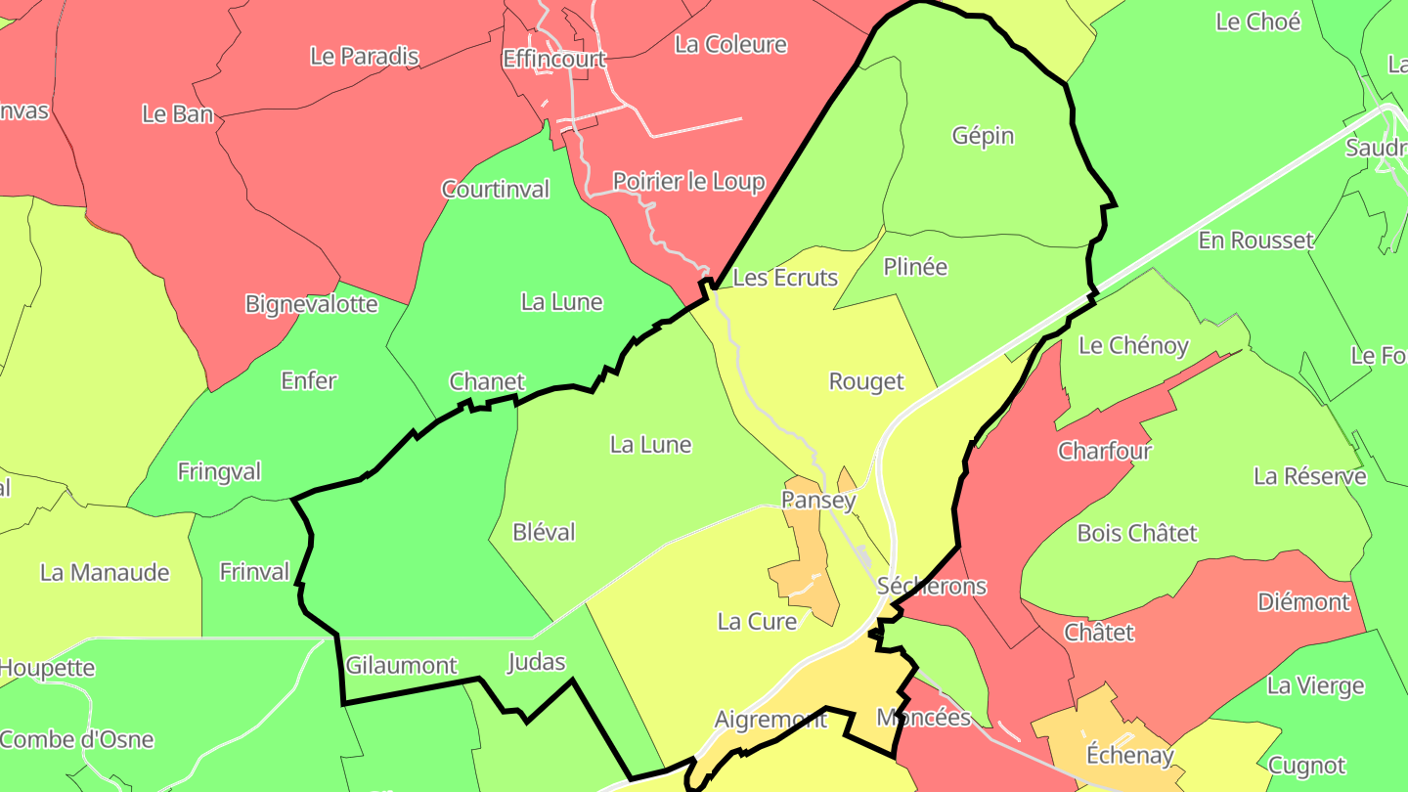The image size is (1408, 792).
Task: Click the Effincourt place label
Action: click(x=553, y=59)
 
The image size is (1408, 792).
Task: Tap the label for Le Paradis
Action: click(x=364, y=56)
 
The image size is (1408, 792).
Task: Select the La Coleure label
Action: click(x=730, y=44)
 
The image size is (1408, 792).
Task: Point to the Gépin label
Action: click(x=983, y=136)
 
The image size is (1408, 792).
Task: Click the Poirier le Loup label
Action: click(x=688, y=181)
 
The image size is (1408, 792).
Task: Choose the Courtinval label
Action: click(x=495, y=189)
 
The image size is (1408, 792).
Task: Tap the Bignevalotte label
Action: click(x=311, y=303)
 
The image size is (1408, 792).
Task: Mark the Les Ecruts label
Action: click(x=785, y=278)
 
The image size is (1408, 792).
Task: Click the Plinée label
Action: click(x=915, y=267)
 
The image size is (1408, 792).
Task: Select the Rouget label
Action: click(x=866, y=381)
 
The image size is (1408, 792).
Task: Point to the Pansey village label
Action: click(x=818, y=501)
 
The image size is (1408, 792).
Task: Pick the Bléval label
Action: click(x=544, y=532)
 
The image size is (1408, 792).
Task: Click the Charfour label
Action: click(x=1105, y=451)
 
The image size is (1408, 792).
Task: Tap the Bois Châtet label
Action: click(x=1136, y=533)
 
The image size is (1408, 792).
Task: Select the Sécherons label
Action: click(x=932, y=586)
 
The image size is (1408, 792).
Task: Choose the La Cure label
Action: click(x=757, y=621)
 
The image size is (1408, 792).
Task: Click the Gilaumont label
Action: click(x=401, y=666)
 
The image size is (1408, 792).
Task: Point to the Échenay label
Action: click(x=1129, y=755)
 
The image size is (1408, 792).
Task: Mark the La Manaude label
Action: click(x=105, y=572)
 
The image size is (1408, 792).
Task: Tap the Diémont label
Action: click(x=1303, y=601)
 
